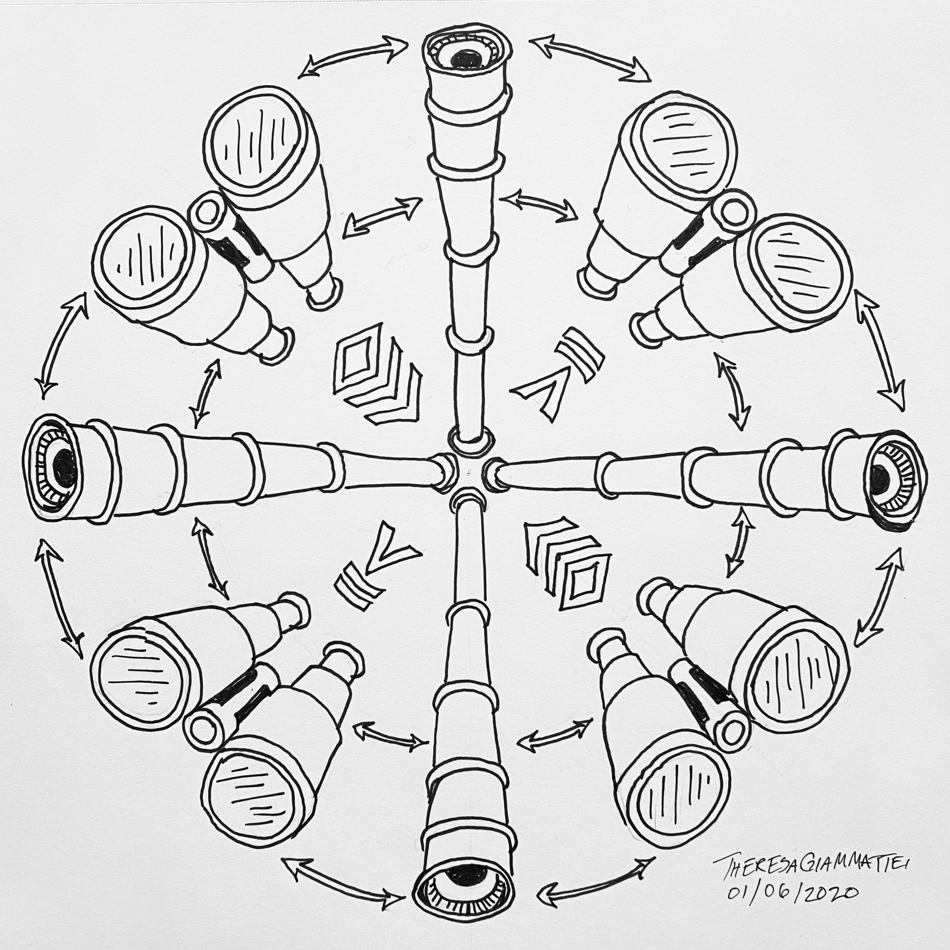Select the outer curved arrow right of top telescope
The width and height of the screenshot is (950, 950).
point(589,57)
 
